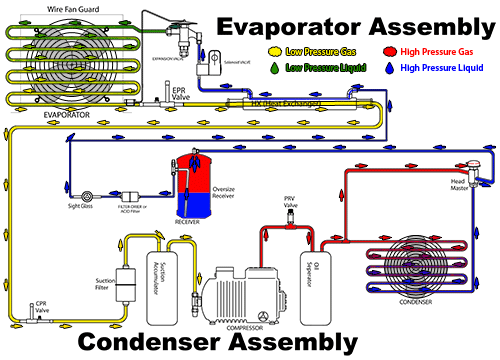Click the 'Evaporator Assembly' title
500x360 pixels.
pyautogui.click(x=355, y=24)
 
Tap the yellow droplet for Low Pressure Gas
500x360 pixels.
pyautogui.click(x=275, y=49)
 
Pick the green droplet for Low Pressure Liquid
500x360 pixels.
pyautogui.click(x=275, y=69)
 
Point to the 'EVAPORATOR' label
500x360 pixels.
pyautogui.click(x=68, y=115)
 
